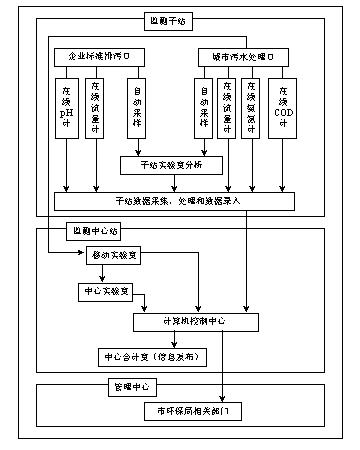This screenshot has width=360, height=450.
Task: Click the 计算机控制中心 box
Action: tap(191, 322)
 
